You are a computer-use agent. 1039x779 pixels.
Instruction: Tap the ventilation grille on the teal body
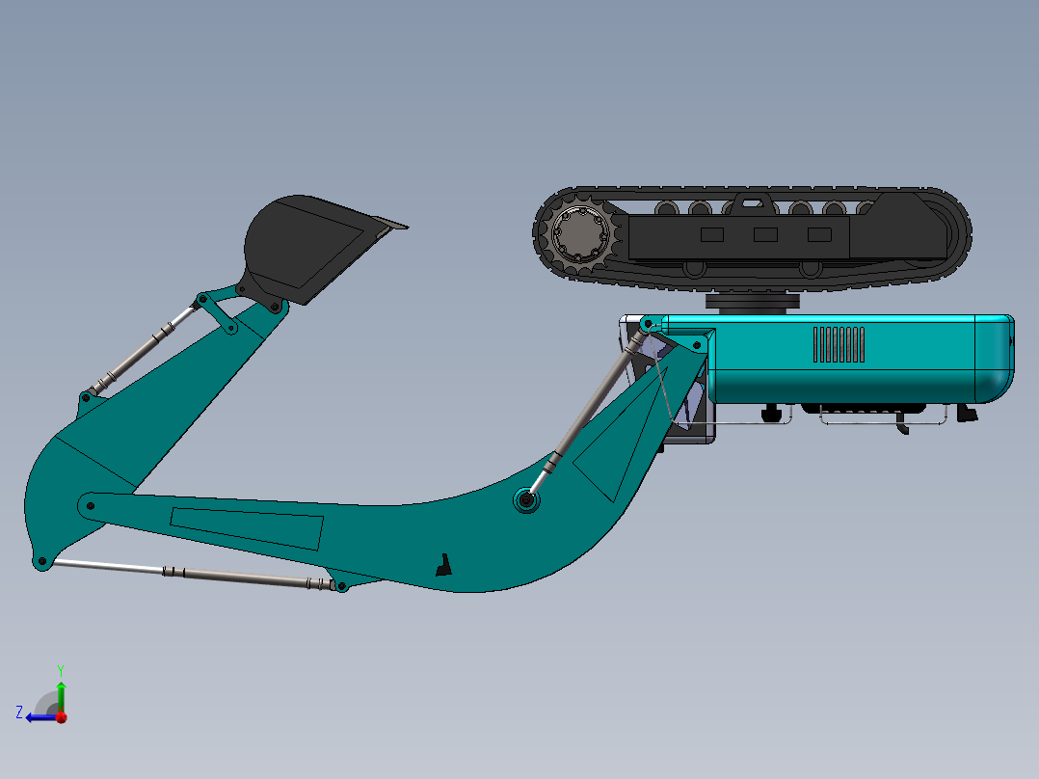(x=838, y=344)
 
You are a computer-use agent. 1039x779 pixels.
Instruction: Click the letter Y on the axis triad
(x=60, y=669)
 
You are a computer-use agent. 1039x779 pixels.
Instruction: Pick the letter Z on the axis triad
(x=19, y=712)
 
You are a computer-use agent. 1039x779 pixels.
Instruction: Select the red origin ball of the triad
(x=61, y=716)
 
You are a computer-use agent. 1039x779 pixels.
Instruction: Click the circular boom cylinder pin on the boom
(x=526, y=499)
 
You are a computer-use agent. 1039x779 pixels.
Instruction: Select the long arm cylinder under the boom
(x=193, y=573)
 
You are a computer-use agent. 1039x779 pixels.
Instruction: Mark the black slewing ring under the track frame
(x=752, y=302)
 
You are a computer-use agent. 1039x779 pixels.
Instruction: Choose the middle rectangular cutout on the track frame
(x=765, y=234)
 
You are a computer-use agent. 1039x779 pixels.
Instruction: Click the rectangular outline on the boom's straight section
(x=247, y=527)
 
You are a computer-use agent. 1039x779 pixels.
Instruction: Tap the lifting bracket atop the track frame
(x=753, y=201)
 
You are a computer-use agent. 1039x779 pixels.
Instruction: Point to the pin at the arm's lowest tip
(x=41, y=562)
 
